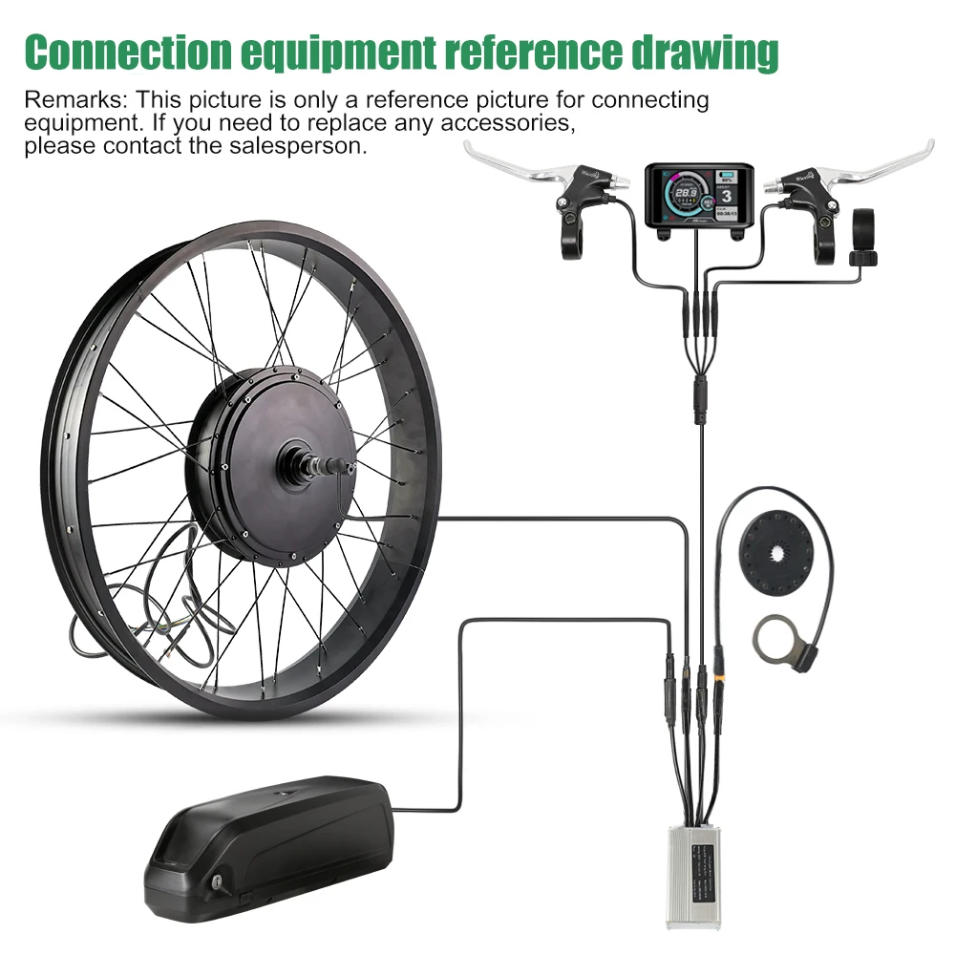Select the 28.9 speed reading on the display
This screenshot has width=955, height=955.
pyautogui.click(x=682, y=194)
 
